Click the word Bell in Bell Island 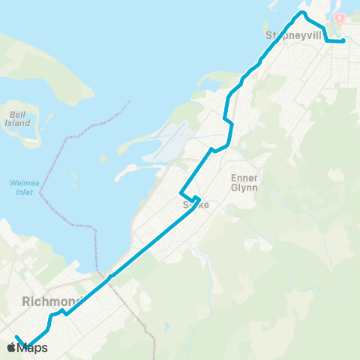(18, 115)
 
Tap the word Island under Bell (18, 123)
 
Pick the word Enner (244, 178)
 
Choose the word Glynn (244, 187)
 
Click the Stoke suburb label (193, 205)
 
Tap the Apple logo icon (11, 347)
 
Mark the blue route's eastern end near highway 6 (343, 41)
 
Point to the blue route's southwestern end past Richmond (16, 336)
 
